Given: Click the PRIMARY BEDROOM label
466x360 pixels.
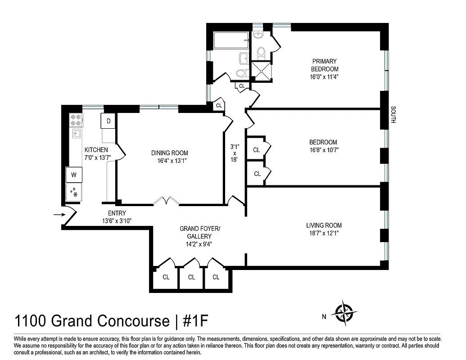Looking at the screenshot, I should point(324,65).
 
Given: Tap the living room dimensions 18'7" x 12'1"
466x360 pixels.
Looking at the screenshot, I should point(324,234).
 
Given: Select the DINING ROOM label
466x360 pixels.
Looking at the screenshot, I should point(169,153).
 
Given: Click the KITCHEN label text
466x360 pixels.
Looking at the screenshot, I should point(96,150).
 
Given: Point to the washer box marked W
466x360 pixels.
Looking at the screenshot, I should point(74,175).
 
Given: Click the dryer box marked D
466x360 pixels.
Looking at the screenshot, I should point(109,121).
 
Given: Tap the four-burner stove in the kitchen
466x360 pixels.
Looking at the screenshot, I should point(76,120).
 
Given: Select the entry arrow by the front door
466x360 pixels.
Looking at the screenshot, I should point(58,215).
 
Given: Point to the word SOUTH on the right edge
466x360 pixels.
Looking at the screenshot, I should point(393,115).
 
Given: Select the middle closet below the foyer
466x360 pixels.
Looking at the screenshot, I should point(192,277).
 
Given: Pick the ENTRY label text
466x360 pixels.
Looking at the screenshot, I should point(117,213).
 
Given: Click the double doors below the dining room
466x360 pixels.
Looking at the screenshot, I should point(166,201).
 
